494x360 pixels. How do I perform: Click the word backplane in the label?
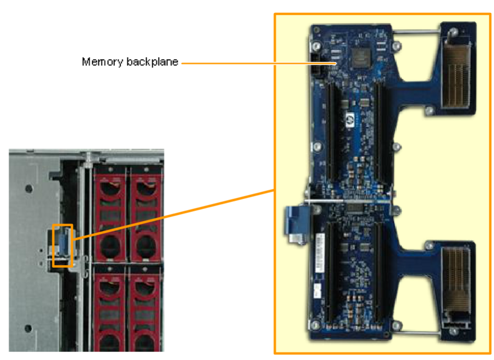click(x=152, y=62)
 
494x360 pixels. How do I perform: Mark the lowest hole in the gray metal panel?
click(x=29, y=328)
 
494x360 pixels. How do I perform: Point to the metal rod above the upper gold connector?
click(x=418, y=32)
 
